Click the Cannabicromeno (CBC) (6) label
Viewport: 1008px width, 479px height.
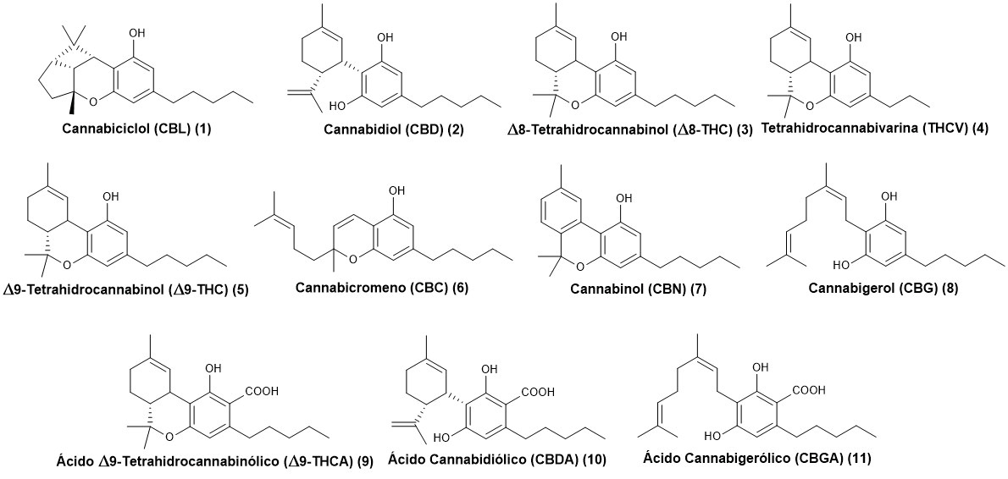382,288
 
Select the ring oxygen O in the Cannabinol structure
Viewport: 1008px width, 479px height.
579,270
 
